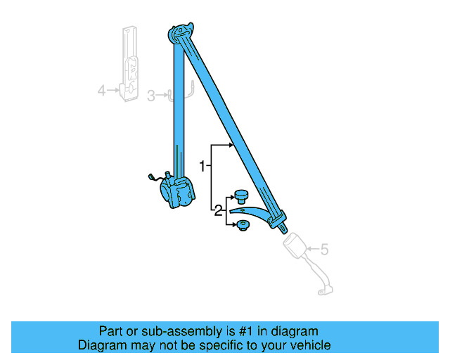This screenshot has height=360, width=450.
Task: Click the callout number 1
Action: tap(202, 167)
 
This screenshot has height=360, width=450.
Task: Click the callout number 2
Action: tap(218, 210)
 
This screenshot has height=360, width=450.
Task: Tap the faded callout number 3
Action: tap(150, 96)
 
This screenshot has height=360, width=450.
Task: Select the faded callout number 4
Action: tap(101, 90)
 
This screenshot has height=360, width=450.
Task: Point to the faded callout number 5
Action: tap(324, 248)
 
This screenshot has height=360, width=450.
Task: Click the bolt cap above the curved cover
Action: tap(242, 196)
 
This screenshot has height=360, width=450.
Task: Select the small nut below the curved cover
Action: tap(243, 226)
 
